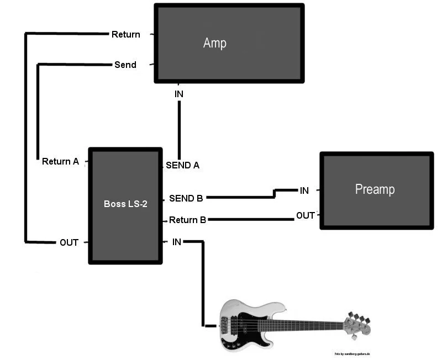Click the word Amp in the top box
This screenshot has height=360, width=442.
[x=215, y=43]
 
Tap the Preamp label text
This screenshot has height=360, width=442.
[x=375, y=189]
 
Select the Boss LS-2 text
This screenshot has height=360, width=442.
[x=125, y=204]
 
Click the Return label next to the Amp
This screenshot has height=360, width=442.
[x=126, y=34]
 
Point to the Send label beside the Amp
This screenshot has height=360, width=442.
[x=125, y=65]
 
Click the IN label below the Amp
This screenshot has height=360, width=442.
[x=179, y=94]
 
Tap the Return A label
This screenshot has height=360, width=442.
[x=61, y=162]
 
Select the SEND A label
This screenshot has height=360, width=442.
[x=182, y=165]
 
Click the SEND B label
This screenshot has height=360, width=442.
[x=186, y=198]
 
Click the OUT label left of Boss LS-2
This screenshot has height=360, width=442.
[x=69, y=242]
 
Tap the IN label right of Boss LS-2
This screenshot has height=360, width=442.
[x=177, y=242]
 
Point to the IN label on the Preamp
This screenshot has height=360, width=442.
[x=304, y=190]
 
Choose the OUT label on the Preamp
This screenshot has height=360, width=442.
[x=306, y=215]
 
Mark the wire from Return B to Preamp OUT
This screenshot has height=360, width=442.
[x=251, y=220]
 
